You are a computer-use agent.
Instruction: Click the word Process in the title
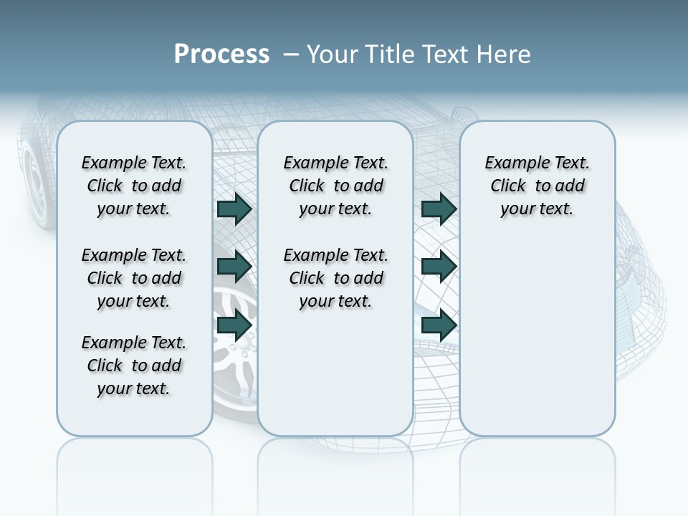pos(221,54)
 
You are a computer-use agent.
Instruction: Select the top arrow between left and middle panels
pos(234,209)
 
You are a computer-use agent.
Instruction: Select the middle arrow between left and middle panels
pos(234,267)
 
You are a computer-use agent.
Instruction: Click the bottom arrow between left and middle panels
pos(234,325)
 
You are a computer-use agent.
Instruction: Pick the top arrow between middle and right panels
pos(439,209)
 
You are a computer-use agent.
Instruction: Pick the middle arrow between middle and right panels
pos(439,267)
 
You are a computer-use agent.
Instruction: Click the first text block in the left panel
pos(134,186)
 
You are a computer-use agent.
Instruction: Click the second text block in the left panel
pos(134,278)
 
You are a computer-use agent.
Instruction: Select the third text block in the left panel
pos(134,365)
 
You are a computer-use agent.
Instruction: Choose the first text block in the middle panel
pos(336,186)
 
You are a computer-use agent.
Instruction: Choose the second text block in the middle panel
pos(336,278)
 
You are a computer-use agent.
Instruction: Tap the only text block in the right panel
pos(537,186)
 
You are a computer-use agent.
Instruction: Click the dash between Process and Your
pos(291,54)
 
